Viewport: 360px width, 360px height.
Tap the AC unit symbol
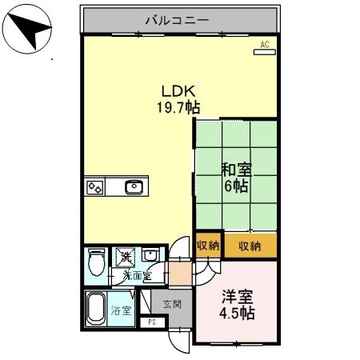pyautogui.click(x=265, y=47)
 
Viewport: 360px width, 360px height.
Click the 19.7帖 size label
pyautogui.click(x=178, y=106)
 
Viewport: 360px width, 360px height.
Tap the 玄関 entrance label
pyautogui.click(x=172, y=305)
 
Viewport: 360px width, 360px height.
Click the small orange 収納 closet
pyautogui.click(x=207, y=246)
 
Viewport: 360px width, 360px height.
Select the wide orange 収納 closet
pyautogui.click(x=250, y=246)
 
